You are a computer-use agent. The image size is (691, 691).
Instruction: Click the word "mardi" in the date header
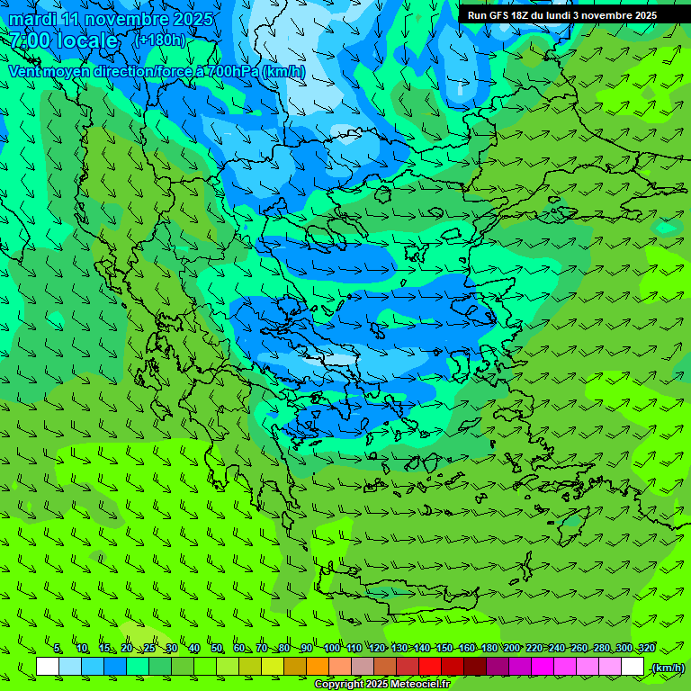(x=33, y=19)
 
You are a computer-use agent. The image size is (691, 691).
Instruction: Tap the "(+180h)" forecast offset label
(x=159, y=40)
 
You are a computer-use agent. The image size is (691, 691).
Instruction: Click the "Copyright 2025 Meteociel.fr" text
(x=381, y=685)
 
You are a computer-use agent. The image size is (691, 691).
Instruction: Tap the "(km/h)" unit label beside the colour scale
(x=668, y=668)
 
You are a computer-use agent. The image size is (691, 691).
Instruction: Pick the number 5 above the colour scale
(x=58, y=649)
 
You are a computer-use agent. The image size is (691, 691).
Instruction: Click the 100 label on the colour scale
(x=332, y=649)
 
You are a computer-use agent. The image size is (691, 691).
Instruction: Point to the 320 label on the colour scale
(x=647, y=649)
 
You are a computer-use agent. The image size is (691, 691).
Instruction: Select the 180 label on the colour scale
(x=489, y=649)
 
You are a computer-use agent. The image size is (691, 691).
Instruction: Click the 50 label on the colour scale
(x=217, y=649)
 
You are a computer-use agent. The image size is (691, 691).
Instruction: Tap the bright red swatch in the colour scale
(x=430, y=667)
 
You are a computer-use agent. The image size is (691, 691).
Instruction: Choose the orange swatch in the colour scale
(x=318, y=667)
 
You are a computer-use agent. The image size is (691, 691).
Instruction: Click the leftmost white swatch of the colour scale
(x=48, y=667)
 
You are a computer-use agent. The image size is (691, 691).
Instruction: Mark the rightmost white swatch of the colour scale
(x=633, y=667)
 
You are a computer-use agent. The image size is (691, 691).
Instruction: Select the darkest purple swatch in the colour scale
(x=498, y=667)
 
